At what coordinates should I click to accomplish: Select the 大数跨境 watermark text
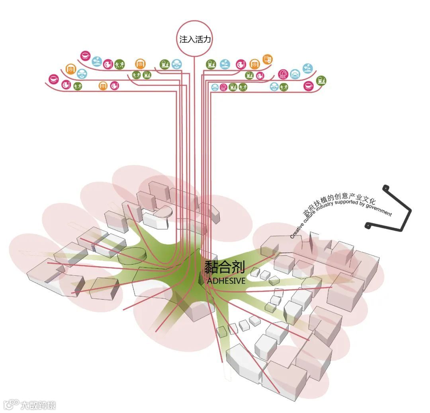38,405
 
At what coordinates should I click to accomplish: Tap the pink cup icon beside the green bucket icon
309,85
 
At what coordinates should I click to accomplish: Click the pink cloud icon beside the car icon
283,74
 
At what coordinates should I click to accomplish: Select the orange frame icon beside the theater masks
254,64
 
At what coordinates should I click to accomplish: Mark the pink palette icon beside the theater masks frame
240,64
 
